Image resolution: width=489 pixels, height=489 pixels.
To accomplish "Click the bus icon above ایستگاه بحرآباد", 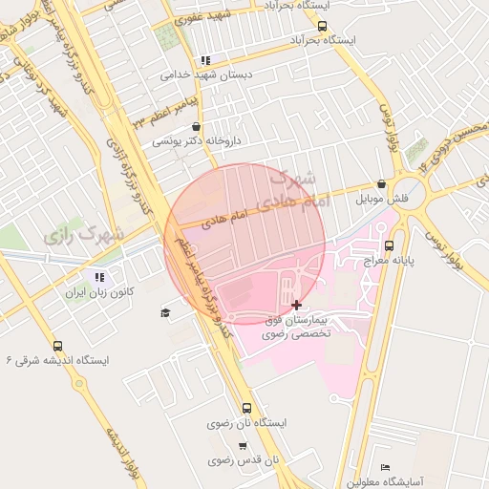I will [x=321, y=26].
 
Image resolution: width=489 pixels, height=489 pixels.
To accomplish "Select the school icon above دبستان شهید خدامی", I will [x=205, y=59].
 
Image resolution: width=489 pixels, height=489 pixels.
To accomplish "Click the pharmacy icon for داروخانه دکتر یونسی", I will [x=196, y=126].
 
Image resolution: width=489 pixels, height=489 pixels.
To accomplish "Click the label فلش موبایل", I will [x=382, y=199].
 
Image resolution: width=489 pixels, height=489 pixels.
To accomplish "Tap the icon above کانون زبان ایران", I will [x=99, y=277].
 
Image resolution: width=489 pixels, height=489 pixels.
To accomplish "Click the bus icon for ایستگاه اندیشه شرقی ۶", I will [x=57, y=346].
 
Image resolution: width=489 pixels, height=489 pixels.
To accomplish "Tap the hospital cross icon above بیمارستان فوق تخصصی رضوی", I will [x=296, y=304].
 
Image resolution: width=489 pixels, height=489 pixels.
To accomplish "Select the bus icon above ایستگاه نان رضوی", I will [x=247, y=408].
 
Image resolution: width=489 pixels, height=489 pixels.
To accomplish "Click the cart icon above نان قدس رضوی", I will [x=243, y=446].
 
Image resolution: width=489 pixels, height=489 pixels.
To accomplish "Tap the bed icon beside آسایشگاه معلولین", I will [x=385, y=466].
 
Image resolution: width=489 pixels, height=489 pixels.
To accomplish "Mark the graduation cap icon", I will [x=165, y=312].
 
